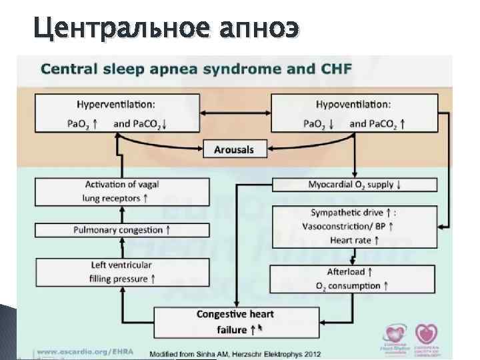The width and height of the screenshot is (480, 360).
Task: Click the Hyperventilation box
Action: click(x=117, y=113)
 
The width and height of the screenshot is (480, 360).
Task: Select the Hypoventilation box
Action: click(x=355, y=113)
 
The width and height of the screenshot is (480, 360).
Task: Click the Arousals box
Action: click(x=233, y=149)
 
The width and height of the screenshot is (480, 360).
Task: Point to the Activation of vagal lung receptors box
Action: click(x=117, y=191)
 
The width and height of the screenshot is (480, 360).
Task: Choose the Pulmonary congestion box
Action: click(x=117, y=230)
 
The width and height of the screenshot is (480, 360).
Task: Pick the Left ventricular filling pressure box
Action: click(x=117, y=272)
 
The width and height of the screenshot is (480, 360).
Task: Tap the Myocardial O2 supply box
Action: click(x=355, y=185)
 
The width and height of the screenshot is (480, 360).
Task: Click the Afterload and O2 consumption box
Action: click(x=355, y=279)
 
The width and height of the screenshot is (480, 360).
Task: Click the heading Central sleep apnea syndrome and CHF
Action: click(x=197, y=68)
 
